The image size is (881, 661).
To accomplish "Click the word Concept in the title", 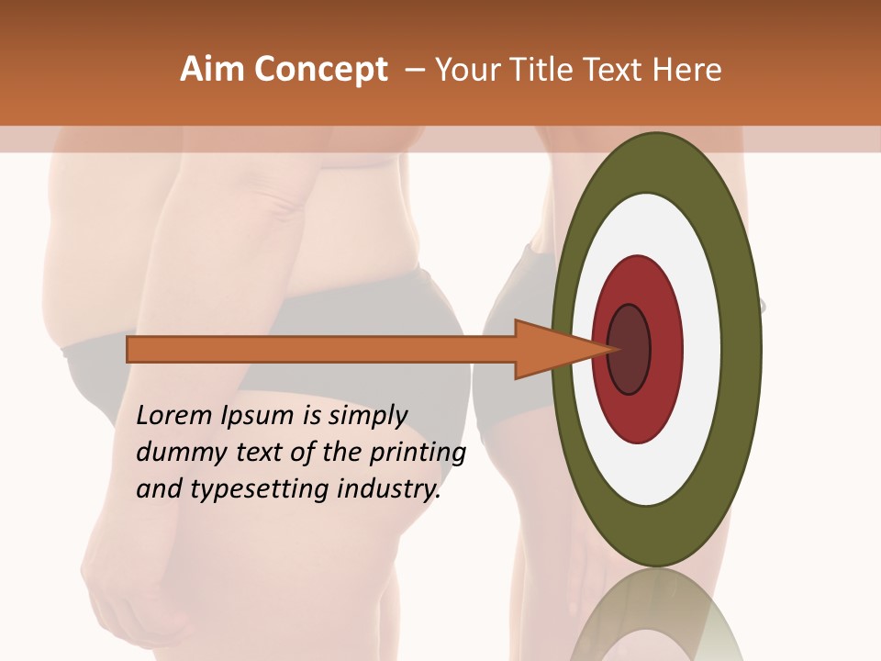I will tap(320, 70).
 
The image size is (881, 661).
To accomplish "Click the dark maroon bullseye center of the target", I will tap(629, 349).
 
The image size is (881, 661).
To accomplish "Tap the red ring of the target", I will tap(665, 349).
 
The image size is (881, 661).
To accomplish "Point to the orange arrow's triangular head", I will tap(551, 350).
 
